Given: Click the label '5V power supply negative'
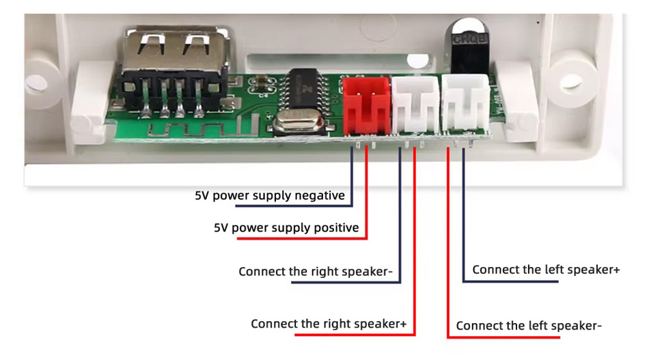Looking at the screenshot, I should click(x=270, y=196).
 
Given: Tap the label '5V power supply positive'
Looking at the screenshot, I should click(x=286, y=227).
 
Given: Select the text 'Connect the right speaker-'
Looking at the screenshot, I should click(x=316, y=272).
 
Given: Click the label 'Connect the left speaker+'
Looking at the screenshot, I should click(x=546, y=270).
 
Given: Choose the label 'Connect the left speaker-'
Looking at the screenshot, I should click(x=529, y=326).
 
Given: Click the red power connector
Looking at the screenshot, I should click(x=367, y=106).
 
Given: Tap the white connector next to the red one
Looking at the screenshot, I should click(x=417, y=106).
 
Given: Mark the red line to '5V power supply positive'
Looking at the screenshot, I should click(x=368, y=198).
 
